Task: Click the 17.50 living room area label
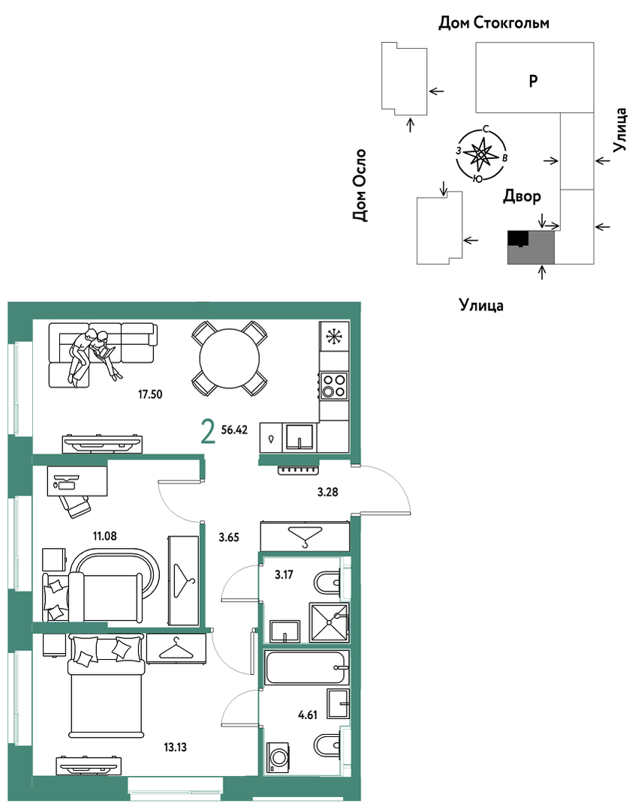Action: click(x=150, y=394)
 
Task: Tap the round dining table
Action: click(x=230, y=358)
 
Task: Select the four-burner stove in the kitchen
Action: click(x=333, y=385)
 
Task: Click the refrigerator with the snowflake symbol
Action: click(x=334, y=337)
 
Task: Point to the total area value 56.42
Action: click(x=234, y=430)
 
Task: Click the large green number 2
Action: click(x=208, y=431)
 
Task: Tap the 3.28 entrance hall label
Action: click(x=327, y=492)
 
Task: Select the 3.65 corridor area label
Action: click(x=229, y=537)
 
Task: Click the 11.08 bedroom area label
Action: click(x=105, y=536)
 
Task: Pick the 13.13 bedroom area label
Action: click(x=175, y=747)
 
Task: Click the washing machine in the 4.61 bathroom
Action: click(x=278, y=757)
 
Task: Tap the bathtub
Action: click(x=307, y=667)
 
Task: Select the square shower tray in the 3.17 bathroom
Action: click(x=329, y=622)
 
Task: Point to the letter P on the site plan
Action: click(x=534, y=80)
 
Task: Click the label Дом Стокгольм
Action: click(x=494, y=22)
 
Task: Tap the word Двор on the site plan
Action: click(x=522, y=196)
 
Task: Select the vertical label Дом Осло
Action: click(x=360, y=185)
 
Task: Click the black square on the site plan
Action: click(x=519, y=238)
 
